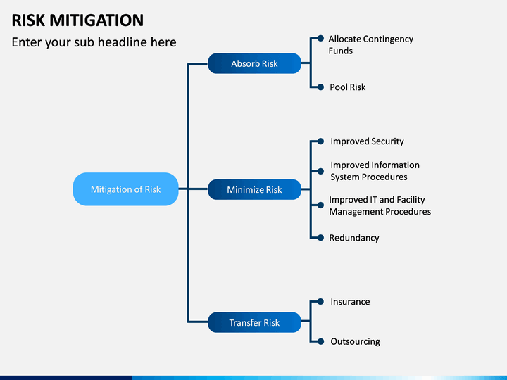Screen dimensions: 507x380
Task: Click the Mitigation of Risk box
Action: [126, 189]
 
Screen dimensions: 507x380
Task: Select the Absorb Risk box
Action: [254, 63]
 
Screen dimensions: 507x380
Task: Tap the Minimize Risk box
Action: [254, 189]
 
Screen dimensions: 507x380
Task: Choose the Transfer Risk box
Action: [254, 322]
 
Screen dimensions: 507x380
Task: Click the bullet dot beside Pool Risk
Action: [320, 87]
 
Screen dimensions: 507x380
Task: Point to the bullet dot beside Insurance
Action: [320, 301]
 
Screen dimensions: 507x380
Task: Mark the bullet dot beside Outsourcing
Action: [320, 341]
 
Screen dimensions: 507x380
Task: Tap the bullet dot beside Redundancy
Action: [320, 238]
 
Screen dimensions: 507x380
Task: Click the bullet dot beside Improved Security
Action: [320, 141]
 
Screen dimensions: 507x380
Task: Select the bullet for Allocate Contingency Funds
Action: [320, 39]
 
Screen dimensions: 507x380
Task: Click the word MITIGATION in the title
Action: [96, 20]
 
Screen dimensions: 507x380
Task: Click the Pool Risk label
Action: [348, 87]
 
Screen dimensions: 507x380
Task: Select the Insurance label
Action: [350, 301]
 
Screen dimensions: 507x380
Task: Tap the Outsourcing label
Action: [355, 341]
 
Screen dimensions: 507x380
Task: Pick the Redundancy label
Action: [354, 238]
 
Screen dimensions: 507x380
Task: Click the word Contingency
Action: [388, 39]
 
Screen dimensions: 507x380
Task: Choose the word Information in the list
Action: [396, 165]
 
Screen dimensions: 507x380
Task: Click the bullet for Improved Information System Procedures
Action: [320, 171]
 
